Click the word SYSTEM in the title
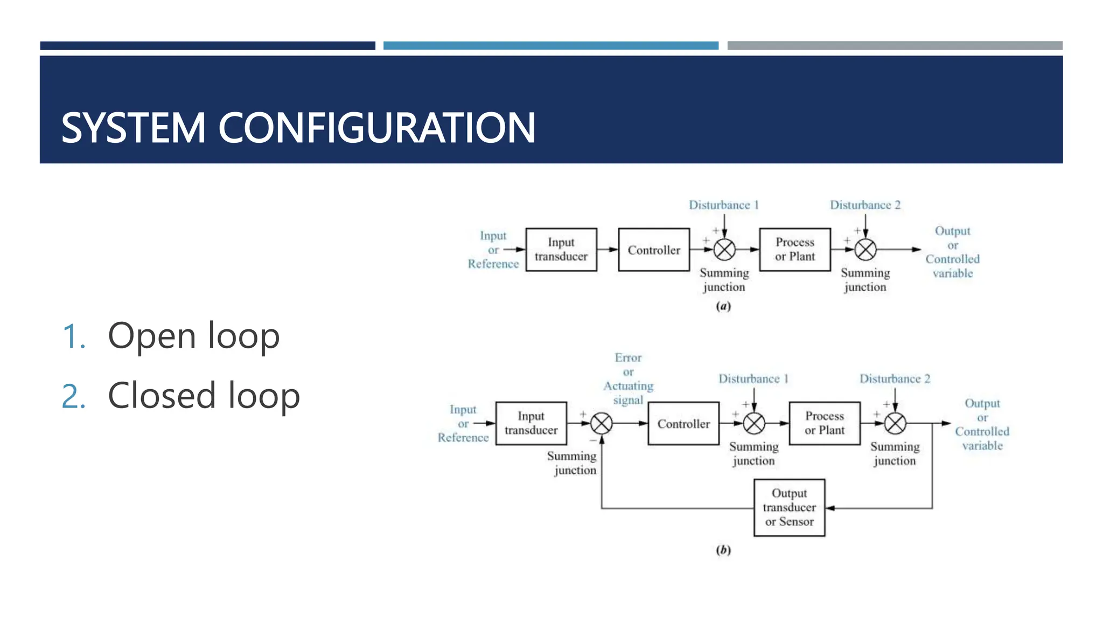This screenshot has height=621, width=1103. click(133, 128)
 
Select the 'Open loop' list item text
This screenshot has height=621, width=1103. click(193, 336)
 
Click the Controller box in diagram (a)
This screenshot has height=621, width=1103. click(654, 250)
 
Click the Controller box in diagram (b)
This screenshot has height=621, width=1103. click(683, 424)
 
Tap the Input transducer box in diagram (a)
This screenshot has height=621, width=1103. click(561, 250)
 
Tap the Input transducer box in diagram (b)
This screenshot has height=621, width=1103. click(531, 423)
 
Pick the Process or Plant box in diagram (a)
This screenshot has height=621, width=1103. click(795, 250)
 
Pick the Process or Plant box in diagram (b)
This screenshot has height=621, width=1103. click(825, 423)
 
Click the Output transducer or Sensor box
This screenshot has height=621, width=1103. click(789, 507)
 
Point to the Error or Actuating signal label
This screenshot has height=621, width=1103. click(628, 379)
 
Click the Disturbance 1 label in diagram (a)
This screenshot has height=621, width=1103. click(724, 205)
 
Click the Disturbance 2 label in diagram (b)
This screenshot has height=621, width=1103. click(895, 378)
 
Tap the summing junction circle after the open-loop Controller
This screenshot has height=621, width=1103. click(724, 250)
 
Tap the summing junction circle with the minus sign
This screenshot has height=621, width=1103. click(601, 424)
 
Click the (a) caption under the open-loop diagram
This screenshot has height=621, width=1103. click(723, 306)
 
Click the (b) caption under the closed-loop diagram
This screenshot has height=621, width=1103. click(723, 550)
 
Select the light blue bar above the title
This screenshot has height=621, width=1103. click(550, 46)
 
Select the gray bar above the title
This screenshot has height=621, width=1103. click(895, 46)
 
